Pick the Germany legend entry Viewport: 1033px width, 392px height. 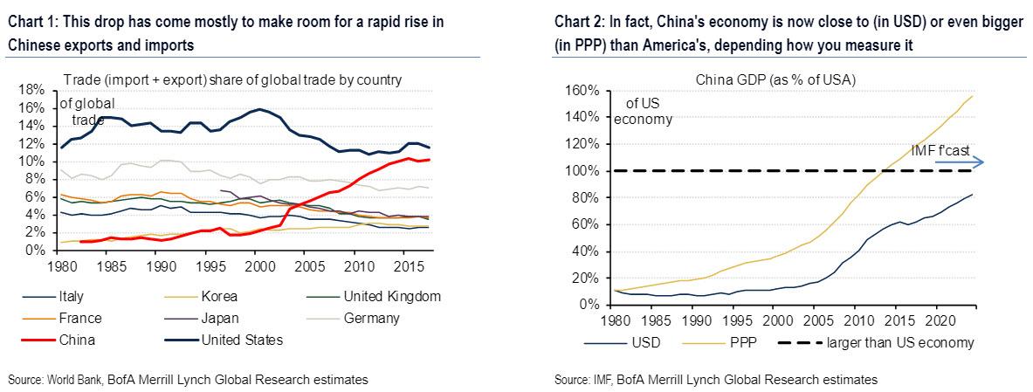pyautogui.click(x=372, y=319)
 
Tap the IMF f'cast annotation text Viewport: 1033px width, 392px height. pyautogui.click(x=940, y=149)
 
